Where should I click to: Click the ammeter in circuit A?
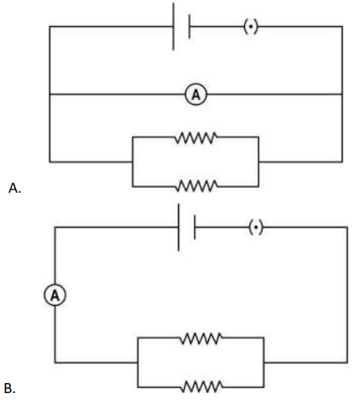tap(196, 95)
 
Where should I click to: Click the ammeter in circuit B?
tap(55, 295)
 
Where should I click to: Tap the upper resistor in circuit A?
tap(196, 137)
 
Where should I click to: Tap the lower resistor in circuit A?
tap(196, 186)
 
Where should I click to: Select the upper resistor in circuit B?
tap(201, 338)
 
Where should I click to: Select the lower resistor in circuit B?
tap(201, 386)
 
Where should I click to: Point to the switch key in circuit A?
tap(251, 27)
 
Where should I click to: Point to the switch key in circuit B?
tap(256, 227)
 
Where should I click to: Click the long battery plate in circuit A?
tap(174, 27)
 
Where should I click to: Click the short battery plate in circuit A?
tap(190, 27)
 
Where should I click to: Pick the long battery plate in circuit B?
tap(179, 227)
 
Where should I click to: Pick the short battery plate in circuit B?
tap(195, 227)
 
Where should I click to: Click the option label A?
tap(14, 189)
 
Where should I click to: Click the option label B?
tap(9, 388)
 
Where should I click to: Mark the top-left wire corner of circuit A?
tap(50, 27)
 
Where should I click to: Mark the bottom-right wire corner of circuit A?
tap(342, 162)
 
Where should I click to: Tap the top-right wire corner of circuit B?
tap(347, 227)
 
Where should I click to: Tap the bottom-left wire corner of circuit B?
tap(55, 362)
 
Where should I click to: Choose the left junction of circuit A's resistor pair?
tap(133, 162)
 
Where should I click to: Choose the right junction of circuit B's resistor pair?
tap(263, 362)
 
